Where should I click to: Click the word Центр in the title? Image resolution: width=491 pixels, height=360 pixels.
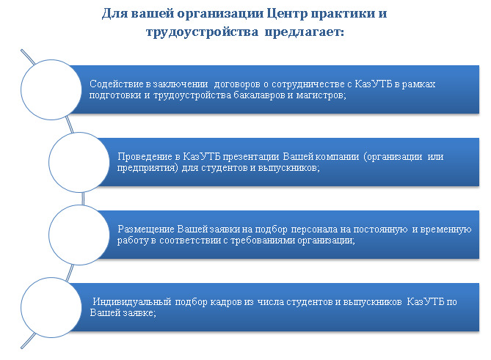[x=287, y=14]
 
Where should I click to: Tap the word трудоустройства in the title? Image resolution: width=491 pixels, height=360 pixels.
[x=203, y=32]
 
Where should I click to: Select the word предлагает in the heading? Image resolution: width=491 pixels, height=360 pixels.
[x=305, y=32]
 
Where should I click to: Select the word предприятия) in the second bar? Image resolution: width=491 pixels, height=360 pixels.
[x=148, y=168]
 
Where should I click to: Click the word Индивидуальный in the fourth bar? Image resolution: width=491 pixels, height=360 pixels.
[x=132, y=302]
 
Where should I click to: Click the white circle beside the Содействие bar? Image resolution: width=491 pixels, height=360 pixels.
[x=51, y=89]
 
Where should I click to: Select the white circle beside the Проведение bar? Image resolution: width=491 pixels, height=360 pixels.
[x=79, y=162]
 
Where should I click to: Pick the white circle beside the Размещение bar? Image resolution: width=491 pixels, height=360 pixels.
[x=79, y=235]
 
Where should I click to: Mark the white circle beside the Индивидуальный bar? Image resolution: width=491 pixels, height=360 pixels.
[x=51, y=307]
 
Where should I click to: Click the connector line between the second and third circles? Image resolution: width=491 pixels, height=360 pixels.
[x=83, y=199]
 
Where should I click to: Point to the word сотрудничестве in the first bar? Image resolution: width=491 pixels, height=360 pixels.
[x=308, y=84]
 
